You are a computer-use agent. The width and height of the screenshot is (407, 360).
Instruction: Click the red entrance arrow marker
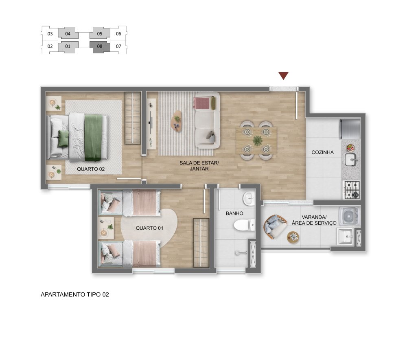click(283, 76)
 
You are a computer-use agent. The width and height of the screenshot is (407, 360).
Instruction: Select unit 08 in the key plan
click(100, 46)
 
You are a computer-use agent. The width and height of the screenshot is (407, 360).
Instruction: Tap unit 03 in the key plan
click(50, 33)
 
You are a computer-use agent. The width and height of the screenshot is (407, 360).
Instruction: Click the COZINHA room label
click(322, 152)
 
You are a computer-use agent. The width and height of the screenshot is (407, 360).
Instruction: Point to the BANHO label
click(234, 213)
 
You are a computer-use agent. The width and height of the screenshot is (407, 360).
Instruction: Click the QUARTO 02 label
click(91, 169)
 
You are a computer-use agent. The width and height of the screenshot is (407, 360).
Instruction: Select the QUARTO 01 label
click(149, 228)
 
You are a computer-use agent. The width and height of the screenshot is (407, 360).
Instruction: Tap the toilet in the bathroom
click(245, 225)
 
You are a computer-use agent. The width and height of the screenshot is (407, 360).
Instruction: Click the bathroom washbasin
click(249, 199)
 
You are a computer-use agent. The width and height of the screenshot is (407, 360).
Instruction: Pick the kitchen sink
click(351, 160)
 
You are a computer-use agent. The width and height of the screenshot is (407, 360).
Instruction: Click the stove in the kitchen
click(352, 190)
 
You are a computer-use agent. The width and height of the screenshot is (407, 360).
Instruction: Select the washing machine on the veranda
click(349, 215)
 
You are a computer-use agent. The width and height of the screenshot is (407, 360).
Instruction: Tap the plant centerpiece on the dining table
click(258, 140)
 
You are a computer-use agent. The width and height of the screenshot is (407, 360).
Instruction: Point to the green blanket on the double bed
click(93, 137)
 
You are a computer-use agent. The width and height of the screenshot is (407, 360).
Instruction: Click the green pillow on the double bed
click(63, 138)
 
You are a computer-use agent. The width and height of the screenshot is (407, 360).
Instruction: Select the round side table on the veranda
click(293, 237)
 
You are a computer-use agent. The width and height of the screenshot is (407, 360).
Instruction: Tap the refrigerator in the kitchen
click(350, 129)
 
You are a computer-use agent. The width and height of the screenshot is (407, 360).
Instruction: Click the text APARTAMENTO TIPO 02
click(75, 294)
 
